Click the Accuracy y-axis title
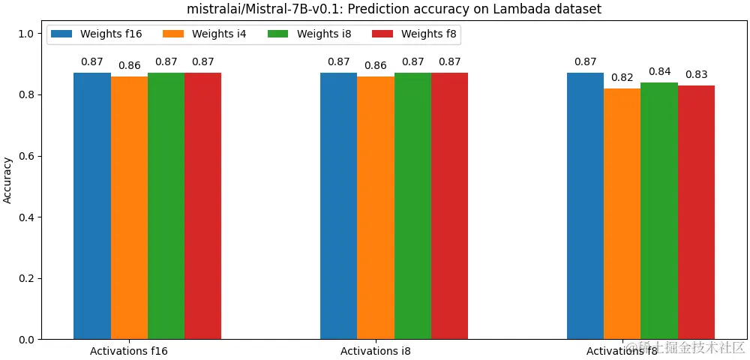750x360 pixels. coord(8,180)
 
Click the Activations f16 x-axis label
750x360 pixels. coord(128,350)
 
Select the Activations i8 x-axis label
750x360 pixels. coord(375,350)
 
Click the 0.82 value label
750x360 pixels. coord(622,77)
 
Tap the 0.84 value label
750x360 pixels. coord(659,71)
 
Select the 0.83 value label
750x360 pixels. coord(696,74)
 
